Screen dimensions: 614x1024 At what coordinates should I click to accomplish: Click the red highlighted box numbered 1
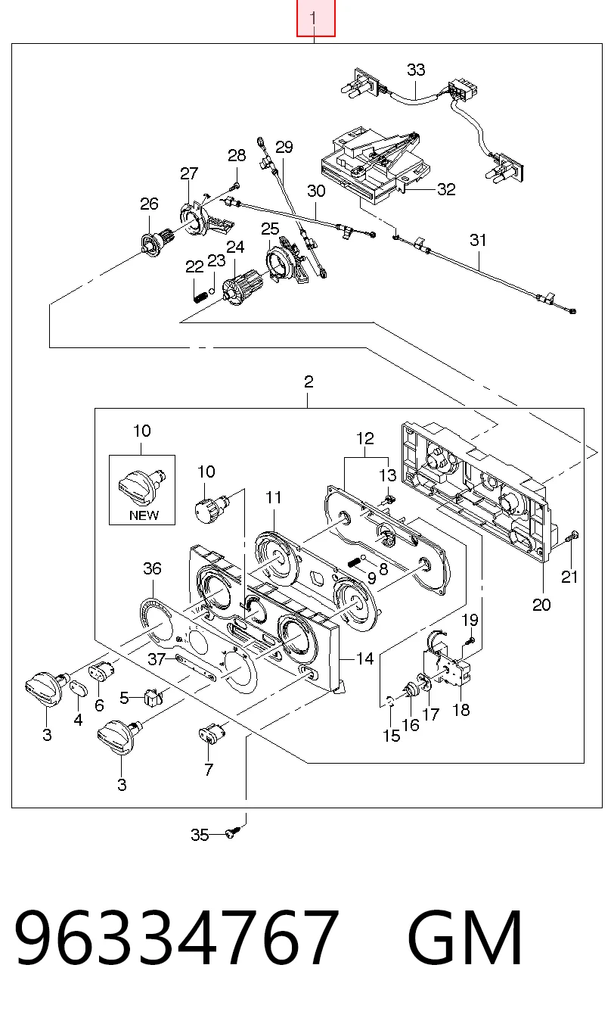pos(315,18)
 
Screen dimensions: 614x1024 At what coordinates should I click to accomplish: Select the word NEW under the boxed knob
pos(144,515)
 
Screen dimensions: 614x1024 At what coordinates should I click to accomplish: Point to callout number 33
pos(416,70)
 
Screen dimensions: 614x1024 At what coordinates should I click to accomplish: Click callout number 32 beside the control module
pos(446,189)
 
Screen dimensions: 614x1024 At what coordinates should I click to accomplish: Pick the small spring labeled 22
pos(199,296)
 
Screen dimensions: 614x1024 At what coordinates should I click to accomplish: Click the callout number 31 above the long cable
pos(478,240)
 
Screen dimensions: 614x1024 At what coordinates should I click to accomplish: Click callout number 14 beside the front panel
pos(365,658)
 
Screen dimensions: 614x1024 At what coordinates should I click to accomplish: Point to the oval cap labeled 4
pos(80,687)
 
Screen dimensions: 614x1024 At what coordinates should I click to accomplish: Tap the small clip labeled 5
pos(153,697)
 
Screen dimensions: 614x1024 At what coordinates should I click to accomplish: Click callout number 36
pos(152,568)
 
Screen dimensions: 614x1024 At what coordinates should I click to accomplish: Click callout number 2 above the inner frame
pos(309,381)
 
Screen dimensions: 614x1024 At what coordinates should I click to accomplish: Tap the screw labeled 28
pos(235,186)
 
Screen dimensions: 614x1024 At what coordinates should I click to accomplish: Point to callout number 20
pos(542,605)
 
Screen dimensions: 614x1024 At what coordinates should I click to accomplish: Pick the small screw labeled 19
pos(471,641)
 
